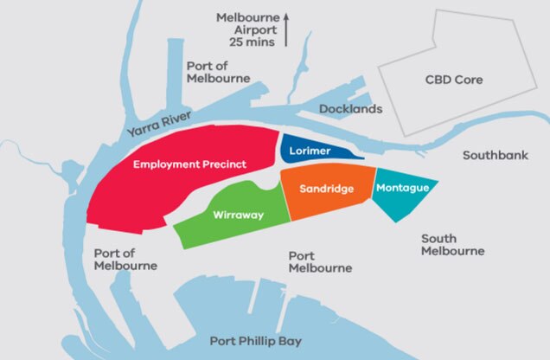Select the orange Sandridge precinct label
(325, 189)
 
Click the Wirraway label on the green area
(237, 215)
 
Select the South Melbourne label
(452, 244)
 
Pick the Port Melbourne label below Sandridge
(319, 261)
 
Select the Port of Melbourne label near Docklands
(218, 72)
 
